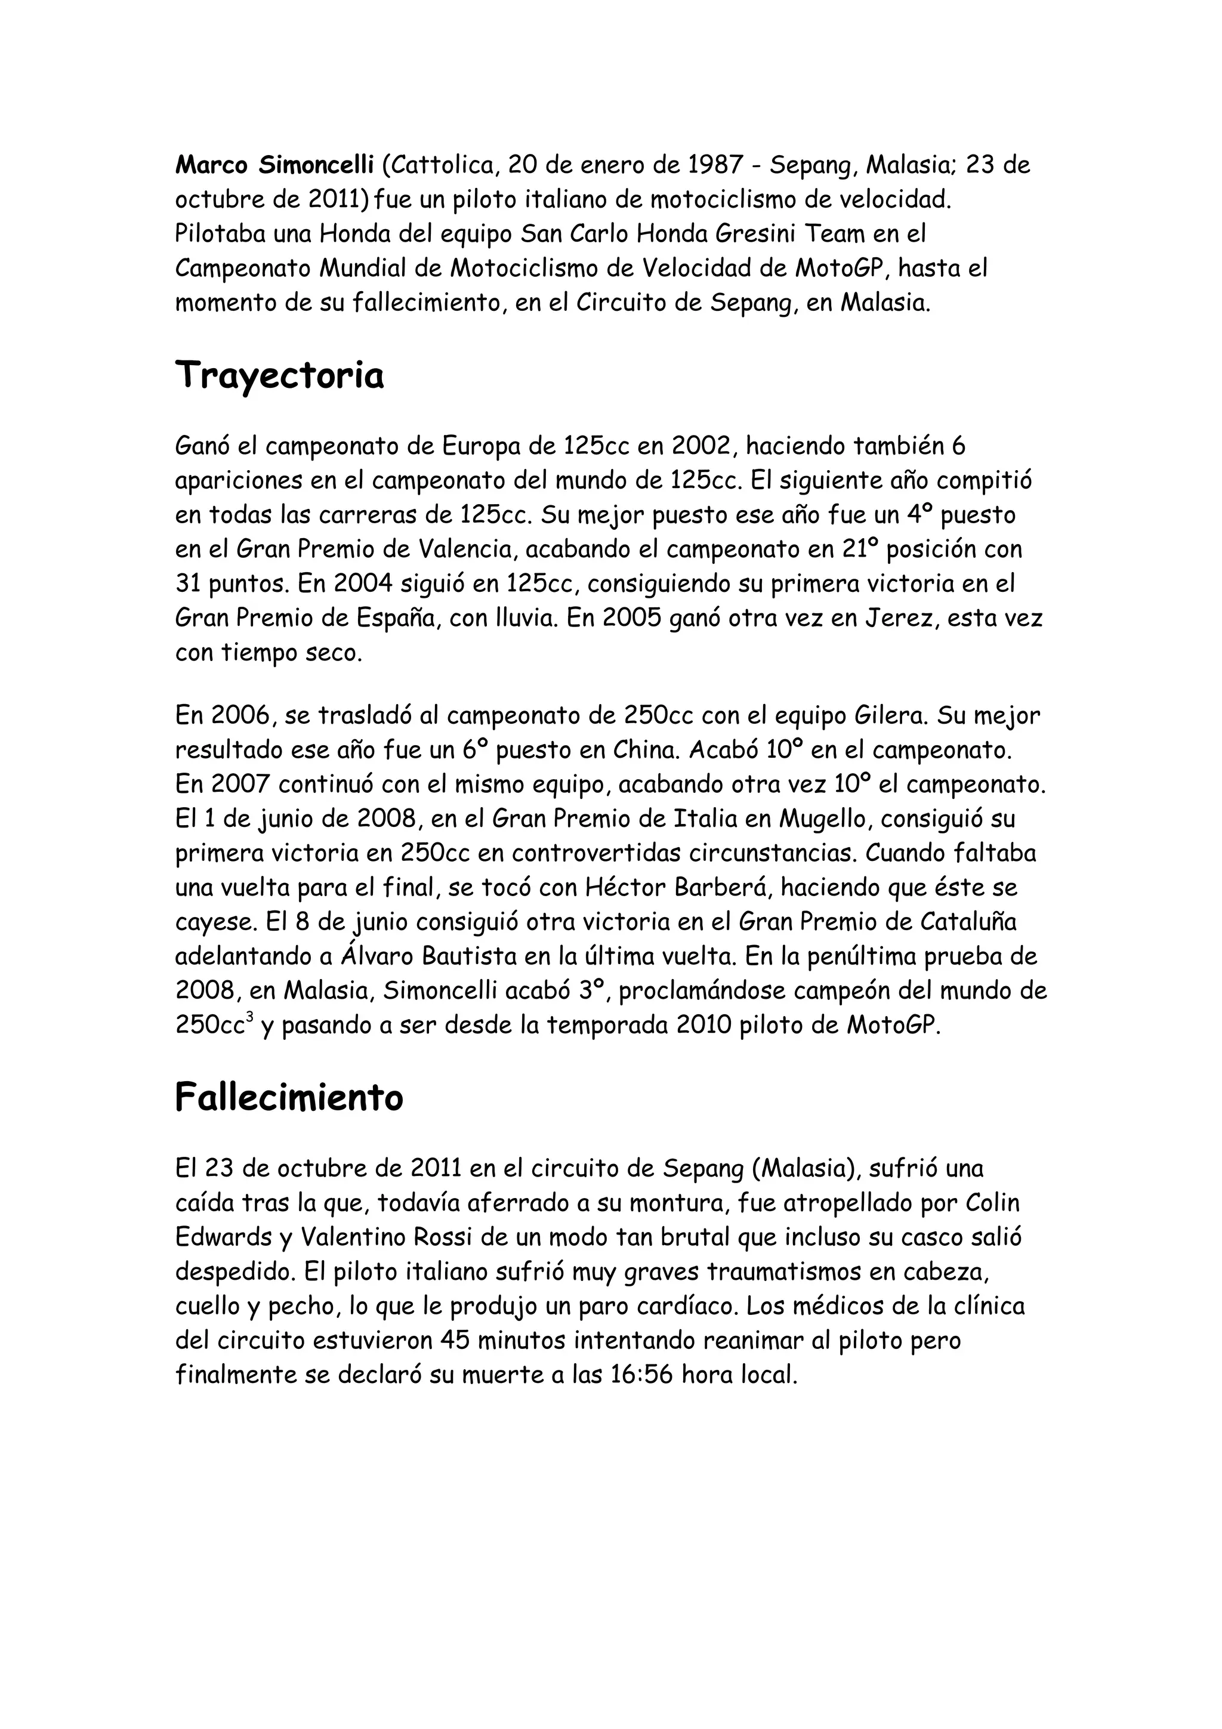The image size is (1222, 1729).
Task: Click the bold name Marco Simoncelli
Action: point(274,165)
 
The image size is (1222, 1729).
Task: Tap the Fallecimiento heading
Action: point(289,1097)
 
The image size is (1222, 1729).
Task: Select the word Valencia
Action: point(466,549)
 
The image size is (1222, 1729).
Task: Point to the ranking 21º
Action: point(860,549)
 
